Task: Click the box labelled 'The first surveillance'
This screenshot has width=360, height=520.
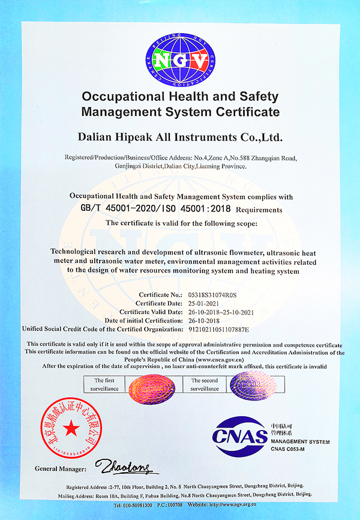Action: pyautogui.click(x=107, y=384)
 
